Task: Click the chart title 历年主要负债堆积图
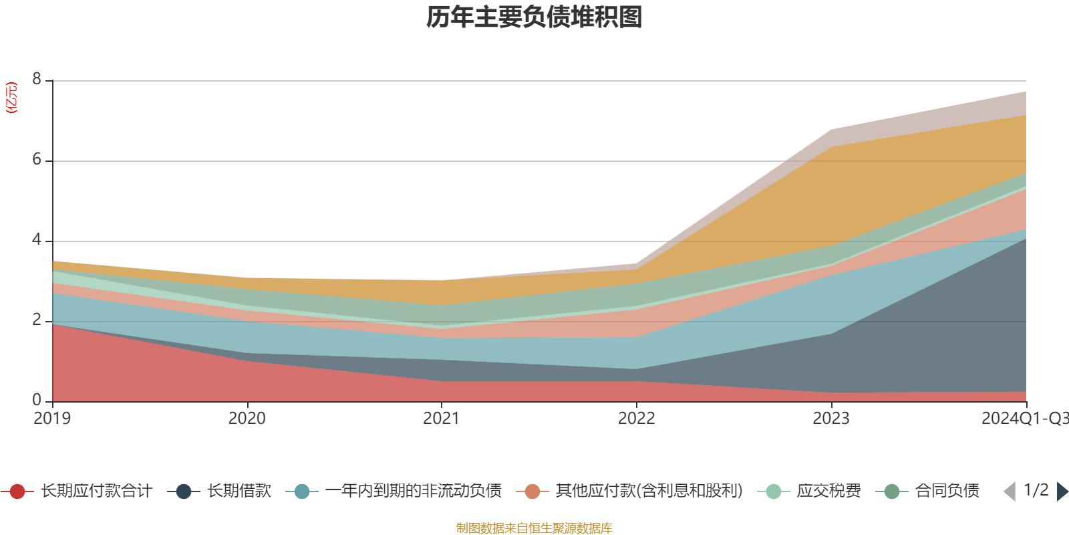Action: pos(534,18)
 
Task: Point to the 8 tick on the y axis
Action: pos(37,80)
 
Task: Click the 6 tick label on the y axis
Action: pos(37,160)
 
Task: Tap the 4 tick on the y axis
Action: pos(37,240)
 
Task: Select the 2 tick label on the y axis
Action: pos(37,320)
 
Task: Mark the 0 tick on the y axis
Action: pos(37,401)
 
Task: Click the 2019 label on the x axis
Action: pos(52,419)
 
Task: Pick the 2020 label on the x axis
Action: pos(247,419)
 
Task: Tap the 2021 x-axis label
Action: pos(441,419)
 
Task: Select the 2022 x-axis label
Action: pos(636,419)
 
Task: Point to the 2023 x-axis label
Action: pos(830,419)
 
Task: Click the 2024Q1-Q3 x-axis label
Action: pos(1024,419)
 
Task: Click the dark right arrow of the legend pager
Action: pos(1062,492)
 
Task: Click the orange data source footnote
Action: pos(534,528)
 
